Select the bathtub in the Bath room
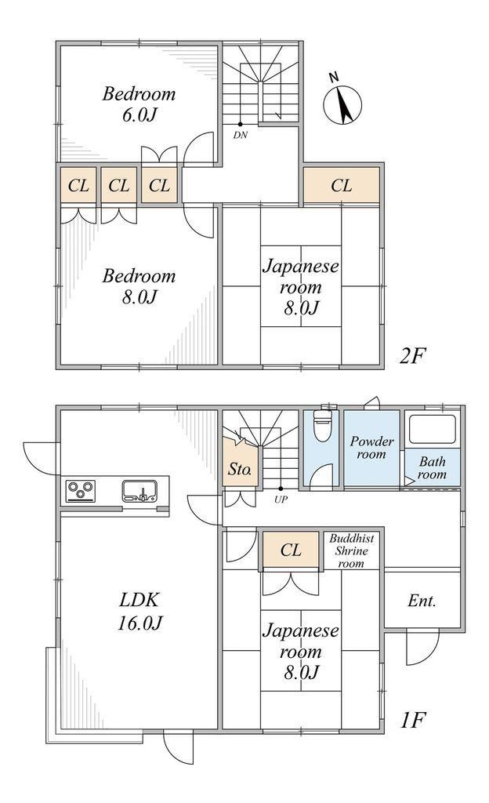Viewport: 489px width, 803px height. pos(432,429)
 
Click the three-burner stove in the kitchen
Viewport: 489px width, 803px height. pos(81,492)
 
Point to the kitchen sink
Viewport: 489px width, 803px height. pos(139,491)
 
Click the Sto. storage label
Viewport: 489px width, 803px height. pos(239,469)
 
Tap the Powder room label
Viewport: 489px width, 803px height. pos(372,448)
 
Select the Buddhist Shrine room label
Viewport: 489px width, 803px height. pos(351,550)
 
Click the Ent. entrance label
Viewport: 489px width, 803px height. pos(422,600)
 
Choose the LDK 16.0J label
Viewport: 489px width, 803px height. pos(140,611)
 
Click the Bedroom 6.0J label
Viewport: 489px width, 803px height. pos(139,104)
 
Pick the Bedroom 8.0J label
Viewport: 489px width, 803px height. pos(139,285)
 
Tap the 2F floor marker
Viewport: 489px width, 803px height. pos(412,355)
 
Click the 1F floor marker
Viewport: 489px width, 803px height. pos(412,720)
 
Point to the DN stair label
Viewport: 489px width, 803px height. pos(240,136)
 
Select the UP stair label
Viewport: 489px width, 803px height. pos(281,500)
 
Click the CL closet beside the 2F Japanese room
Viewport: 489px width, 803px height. pos(341,185)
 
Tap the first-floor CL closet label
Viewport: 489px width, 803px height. pos(291,550)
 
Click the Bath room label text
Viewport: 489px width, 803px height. pos(433,468)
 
